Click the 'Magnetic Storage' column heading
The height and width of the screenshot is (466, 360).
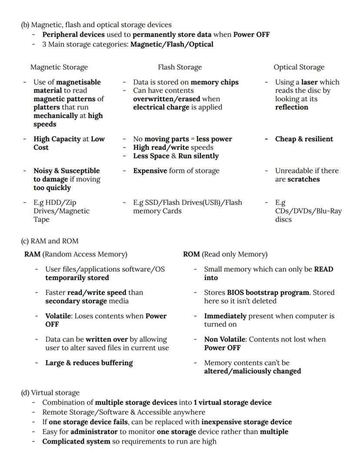pyautogui.click(x=59, y=67)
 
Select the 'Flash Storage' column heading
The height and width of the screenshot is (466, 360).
pyautogui.click(x=180, y=67)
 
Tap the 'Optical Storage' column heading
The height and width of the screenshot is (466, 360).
pyautogui.click(x=299, y=67)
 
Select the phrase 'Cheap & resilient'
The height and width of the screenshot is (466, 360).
pyautogui.click(x=304, y=139)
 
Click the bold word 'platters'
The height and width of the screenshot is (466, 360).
pyautogui.click(x=47, y=107)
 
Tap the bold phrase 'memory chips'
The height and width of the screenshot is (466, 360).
pyautogui.click(x=214, y=82)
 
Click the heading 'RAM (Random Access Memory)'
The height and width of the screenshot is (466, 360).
pyautogui.click(x=76, y=254)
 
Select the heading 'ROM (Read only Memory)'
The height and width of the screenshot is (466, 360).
pyautogui.click(x=225, y=254)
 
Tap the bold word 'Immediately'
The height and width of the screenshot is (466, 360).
pyautogui.click(x=225, y=316)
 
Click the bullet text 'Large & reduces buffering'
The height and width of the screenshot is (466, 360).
pyautogui.click(x=89, y=363)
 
